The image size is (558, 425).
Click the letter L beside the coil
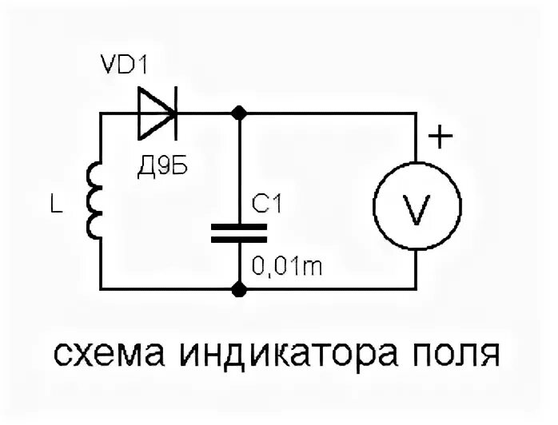tap(54, 207)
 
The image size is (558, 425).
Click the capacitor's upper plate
tap(238, 227)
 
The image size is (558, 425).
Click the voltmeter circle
tap(418, 209)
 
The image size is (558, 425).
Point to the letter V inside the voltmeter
tap(418, 209)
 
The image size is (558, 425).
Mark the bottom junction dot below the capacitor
tap(238, 289)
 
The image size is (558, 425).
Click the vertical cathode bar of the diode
tap(176, 113)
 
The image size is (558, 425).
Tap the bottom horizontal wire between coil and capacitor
tap(168, 289)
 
